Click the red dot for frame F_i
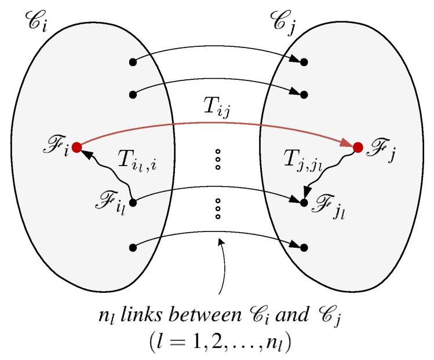click(x=76, y=145)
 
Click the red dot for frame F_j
click(x=358, y=148)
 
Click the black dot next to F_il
click(x=133, y=203)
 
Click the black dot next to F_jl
click(x=304, y=203)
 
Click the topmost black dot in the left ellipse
click(x=133, y=61)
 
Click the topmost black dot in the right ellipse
click(x=304, y=61)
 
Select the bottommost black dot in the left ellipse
click(x=133, y=248)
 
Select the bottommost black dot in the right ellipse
click(x=304, y=248)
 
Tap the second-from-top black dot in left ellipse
click(x=133, y=94)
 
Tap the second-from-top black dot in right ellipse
click(x=304, y=94)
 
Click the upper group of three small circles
click(x=218, y=160)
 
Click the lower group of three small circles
click(x=218, y=209)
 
